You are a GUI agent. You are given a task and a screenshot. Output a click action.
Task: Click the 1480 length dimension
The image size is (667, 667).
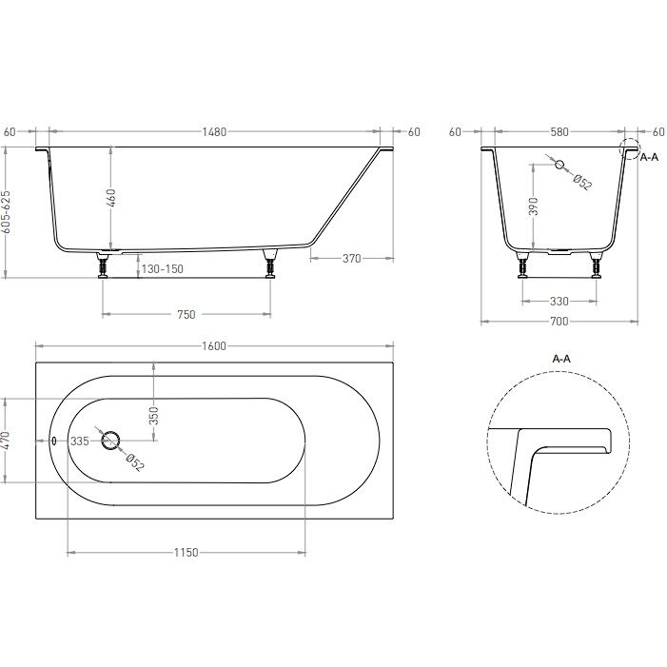click(214, 132)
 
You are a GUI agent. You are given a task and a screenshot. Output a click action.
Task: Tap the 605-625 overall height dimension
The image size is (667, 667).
click(6, 212)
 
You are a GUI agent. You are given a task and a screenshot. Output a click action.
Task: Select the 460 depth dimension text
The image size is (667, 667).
click(110, 197)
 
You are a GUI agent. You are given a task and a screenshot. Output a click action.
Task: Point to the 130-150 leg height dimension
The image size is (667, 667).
click(162, 269)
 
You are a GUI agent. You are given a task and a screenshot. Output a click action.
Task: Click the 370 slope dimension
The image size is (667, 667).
click(351, 258)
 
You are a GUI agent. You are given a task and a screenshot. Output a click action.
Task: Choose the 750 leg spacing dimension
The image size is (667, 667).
click(186, 314)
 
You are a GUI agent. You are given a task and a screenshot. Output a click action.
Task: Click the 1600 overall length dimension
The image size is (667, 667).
click(214, 346)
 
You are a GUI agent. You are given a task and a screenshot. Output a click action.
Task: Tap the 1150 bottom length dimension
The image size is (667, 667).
click(186, 553)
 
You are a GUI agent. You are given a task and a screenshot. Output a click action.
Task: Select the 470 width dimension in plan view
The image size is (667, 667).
click(6, 441)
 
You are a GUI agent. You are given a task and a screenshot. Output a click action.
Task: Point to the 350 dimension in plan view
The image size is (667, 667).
click(153, 416)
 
